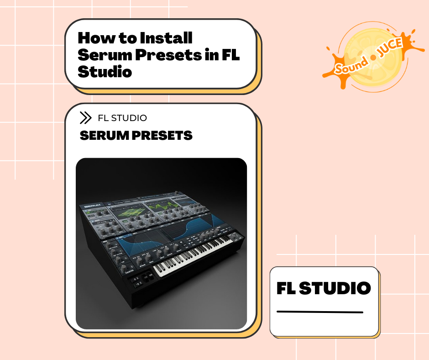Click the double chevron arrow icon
click(85, 118)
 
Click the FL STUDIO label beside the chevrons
click(122, 118)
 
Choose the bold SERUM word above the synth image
click(101, 136)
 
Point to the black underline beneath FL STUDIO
click(320, 312)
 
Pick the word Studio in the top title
click(105, 72)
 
